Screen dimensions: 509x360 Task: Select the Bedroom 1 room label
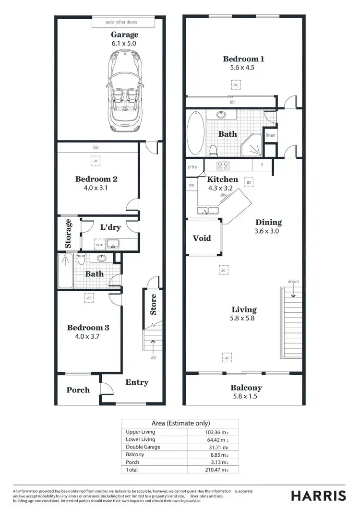(243, 59)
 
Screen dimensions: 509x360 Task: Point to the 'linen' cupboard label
(271, 135)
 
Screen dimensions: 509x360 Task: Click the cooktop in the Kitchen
(223, 166)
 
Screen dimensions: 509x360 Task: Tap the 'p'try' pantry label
(192, 167)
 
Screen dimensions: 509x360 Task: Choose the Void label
(202, 238)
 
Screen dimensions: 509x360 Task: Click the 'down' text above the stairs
(294, 281)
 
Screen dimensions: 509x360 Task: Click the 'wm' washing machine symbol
(100, 245)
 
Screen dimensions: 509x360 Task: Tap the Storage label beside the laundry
(68, 234)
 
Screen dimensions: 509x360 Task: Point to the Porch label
(78, 390)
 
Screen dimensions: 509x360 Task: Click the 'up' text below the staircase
(154, 357)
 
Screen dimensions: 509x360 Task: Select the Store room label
(154, 304)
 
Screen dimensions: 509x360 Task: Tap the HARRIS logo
(318, 496)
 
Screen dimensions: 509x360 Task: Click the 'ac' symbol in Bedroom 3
(89, 298)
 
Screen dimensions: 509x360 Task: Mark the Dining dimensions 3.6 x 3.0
(268, 231)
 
